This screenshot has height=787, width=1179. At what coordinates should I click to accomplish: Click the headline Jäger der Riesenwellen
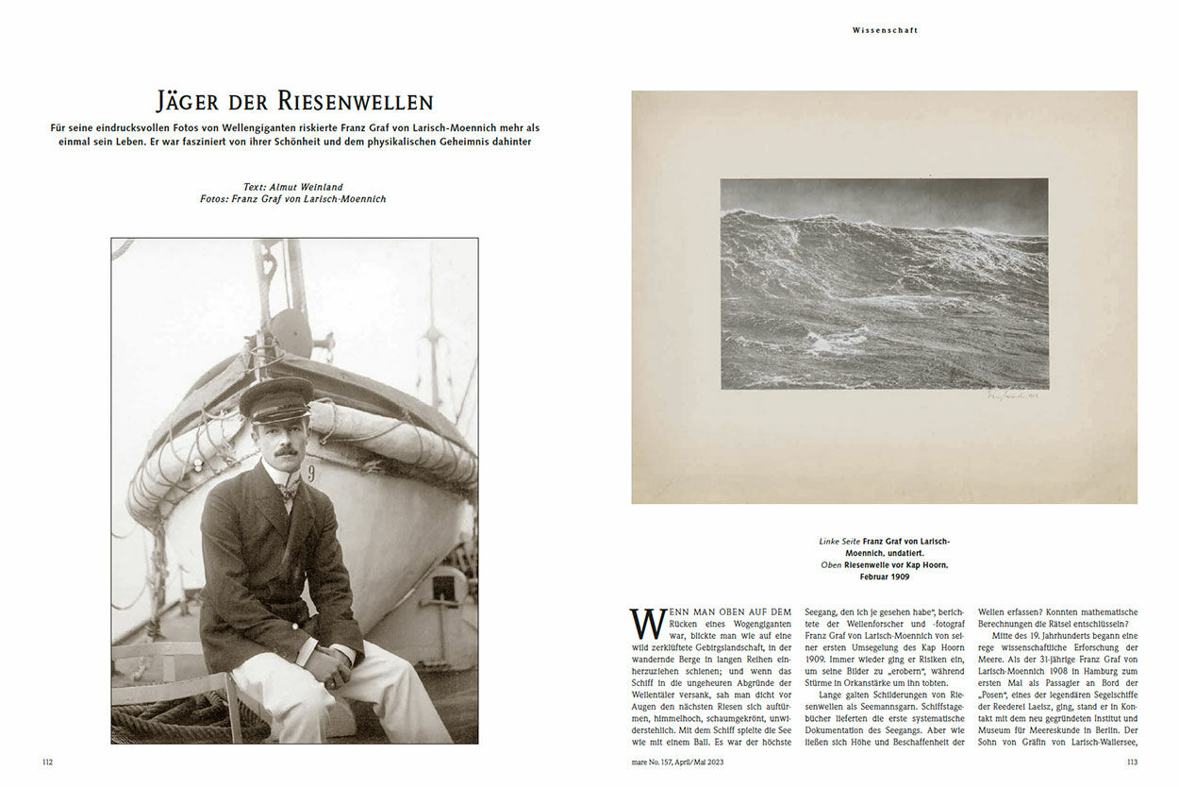[x=294, y=102]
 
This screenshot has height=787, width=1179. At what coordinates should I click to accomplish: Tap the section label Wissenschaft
[x=885, y=30]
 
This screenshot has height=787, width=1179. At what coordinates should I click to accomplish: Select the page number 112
[x=47, y=762]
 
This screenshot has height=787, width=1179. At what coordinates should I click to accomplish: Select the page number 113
[x=1132, y=762]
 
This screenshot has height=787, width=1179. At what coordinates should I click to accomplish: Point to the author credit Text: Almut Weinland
[x=293, y=187]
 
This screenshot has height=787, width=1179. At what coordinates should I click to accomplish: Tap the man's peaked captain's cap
[x=274, y=396]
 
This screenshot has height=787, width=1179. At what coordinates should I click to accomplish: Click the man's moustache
[x=287, y=450]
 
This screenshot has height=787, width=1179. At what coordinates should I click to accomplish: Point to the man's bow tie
[x=289, y=489]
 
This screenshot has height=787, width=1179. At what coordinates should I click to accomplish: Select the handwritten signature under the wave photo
[x=1015, y=397]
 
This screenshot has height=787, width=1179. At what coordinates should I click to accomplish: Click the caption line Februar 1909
[x=884, y=577]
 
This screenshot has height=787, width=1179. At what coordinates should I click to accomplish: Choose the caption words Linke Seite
[x=839, y=541]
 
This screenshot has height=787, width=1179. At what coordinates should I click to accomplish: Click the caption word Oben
[x=832, y=564]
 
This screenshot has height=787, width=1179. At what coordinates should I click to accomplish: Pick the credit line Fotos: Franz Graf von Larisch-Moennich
[x=293, y=199]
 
